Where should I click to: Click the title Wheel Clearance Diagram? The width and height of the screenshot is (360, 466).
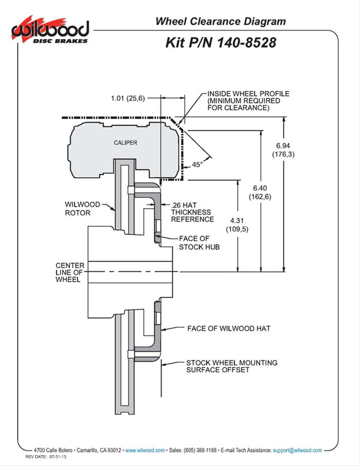221,21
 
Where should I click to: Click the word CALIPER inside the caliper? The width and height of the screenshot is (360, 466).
125,142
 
